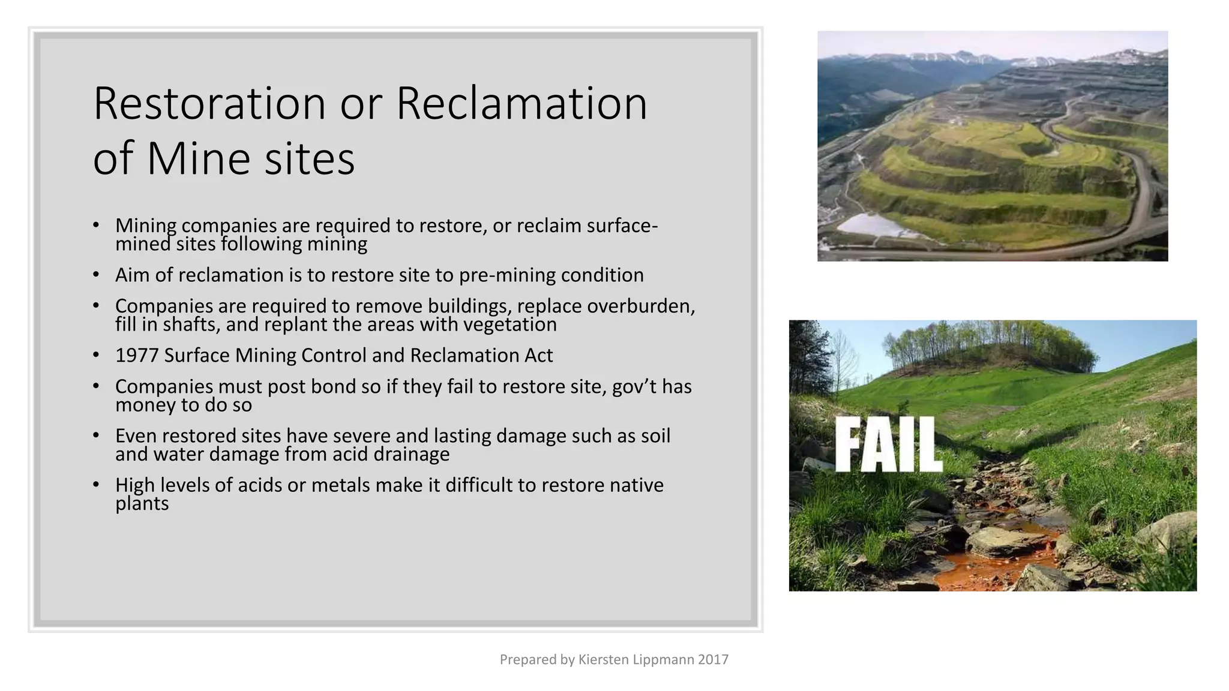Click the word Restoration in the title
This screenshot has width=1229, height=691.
pyautogui.click(x=209, y=104)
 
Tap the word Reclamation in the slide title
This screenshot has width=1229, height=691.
pyautogui.click(x=521, y=104)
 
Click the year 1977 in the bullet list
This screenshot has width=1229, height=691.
pyautogui.click(x=136, y=356)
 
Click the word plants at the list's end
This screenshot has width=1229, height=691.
pyautogui.click(x=142, y=504)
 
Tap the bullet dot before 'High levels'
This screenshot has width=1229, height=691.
pyautogui.click(x=96, y=485)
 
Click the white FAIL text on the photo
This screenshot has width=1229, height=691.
pyautogui.click(x=888, y=444)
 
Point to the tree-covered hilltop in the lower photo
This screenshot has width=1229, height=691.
pyautogui.click(x=990, y=348)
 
